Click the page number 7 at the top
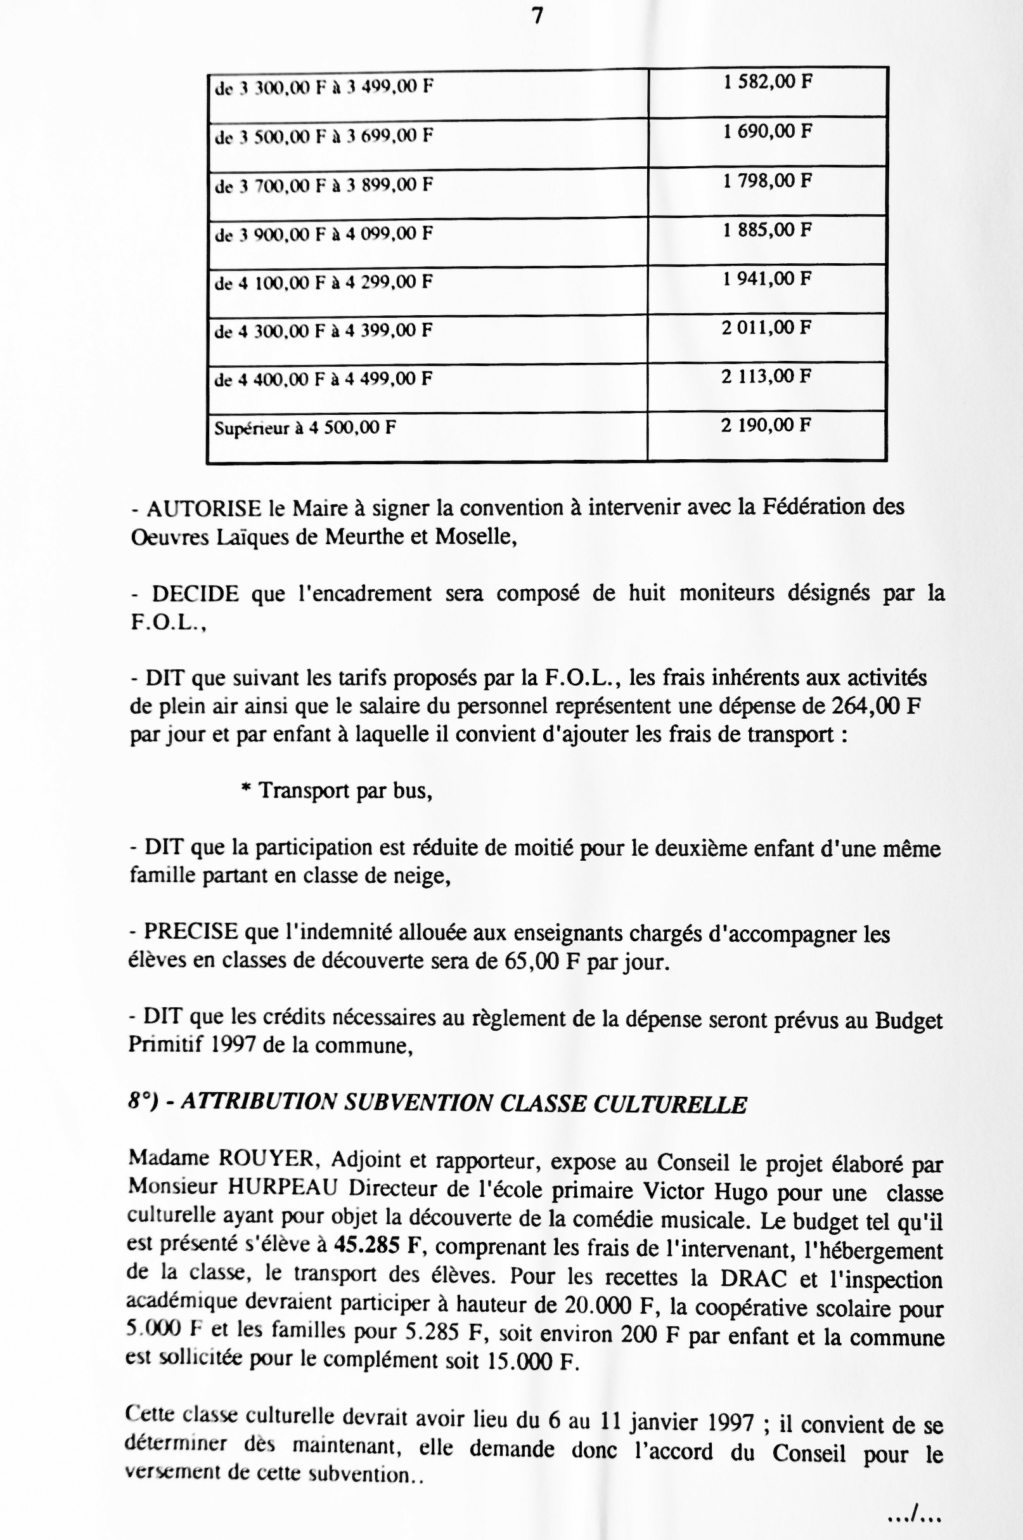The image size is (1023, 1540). pyautogui.click(x=537, y=16)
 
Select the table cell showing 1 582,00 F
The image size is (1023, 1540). pyautogui.click(x=767, y=82)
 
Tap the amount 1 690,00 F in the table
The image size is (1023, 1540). pyautogui.click(x=767, y=131)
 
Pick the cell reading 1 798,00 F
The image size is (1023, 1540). pyautogui.click(x=767, y=181)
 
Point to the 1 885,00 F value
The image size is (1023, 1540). pyautogui.click(x=767, y=230)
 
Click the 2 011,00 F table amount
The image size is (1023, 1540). pyautogui.click(x=766, y=328)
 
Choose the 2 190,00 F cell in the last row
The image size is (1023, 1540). pyautogui.click(x=766, y=426)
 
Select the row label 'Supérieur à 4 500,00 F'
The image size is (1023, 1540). pyautogui.click(x=306, y=428)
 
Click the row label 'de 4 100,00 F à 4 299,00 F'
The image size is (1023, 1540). pyautogui.click(x=324, y=283)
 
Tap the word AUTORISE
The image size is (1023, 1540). pyautogui.click(x=200, y=508)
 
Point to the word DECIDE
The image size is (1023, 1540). pyautogui.click(x=196, y=594)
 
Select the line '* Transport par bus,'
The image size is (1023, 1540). pyautogui.click(x=337, y=791)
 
